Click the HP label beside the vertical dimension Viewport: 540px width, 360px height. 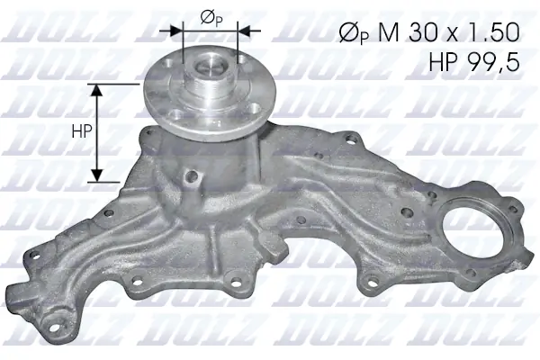point(80,131)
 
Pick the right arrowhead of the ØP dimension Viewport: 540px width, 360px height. point(246,29)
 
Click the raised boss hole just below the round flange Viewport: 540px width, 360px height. point(189,177)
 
